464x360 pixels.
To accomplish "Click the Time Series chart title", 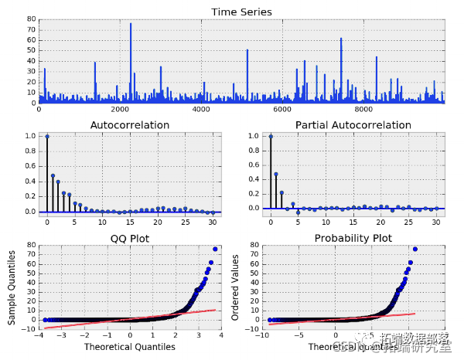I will (x=241, y=12).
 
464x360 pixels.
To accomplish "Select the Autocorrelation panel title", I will (x=130, y=124).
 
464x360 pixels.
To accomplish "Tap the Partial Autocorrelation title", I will (x=353, y=124).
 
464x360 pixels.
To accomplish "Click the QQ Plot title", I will (x=130, y=238).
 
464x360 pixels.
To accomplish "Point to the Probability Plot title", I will (x=353, y=238).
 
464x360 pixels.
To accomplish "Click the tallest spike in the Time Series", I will (x=131, y=24).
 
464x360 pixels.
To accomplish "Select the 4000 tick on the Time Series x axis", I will (x=201, y=110).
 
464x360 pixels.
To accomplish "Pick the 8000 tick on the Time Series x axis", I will (x=363, y=110).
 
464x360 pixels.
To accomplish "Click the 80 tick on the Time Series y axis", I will (x=32, y=18).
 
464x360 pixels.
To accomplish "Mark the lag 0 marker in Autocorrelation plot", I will (x=47, y=136).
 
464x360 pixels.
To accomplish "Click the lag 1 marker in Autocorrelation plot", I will (x=53, y=175).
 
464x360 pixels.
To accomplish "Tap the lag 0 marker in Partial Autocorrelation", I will (x=271, y=136).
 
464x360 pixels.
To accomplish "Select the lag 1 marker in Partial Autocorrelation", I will (x=276, y=174).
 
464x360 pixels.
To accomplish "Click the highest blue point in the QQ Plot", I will (x=215, y=249).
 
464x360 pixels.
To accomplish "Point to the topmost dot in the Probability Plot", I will (x=415, y=249).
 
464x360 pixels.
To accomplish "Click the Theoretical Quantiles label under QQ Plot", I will (x=129, y=347).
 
